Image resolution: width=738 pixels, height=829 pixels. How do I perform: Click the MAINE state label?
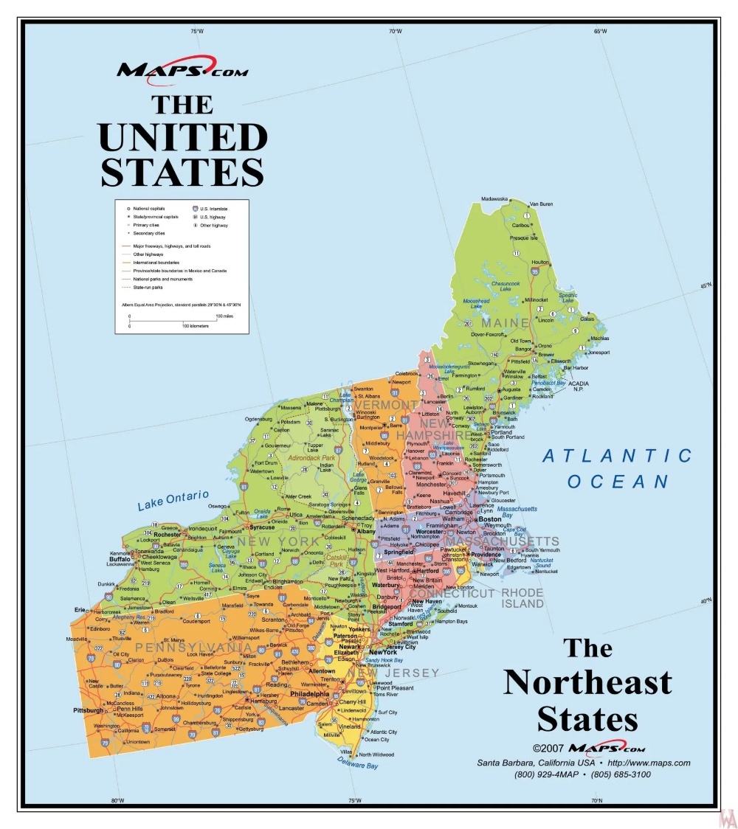click(x=505, y=323)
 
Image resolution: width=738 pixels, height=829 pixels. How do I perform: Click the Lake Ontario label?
click(x=173, y=501)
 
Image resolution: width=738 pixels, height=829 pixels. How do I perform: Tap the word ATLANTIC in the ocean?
click(x=618, y=456)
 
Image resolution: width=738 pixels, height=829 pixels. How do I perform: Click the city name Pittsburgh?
click(x=89, y=710)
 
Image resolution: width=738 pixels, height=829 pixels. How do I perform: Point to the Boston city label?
click(x=490, y=519)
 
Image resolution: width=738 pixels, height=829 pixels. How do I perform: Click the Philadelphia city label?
click(x=310, y=693)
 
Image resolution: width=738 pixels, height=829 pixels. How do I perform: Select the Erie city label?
click(x=80, y=610)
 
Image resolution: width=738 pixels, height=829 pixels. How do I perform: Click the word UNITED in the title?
click(x=182, y=138)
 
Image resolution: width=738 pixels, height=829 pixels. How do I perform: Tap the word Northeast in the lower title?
click(x=587, y=682)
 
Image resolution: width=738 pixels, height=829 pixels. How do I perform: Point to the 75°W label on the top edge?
click(x=196, y=31)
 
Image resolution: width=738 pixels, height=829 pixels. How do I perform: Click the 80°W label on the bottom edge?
click(x=117, y=801)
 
